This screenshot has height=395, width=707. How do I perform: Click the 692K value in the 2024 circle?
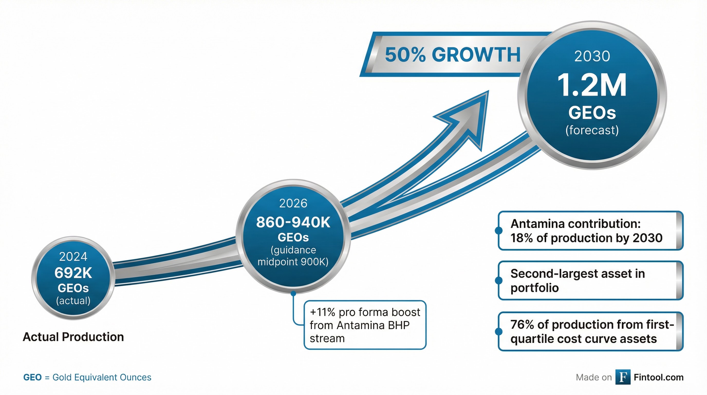point(73,273)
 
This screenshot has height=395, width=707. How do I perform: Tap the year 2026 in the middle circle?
point(293,203)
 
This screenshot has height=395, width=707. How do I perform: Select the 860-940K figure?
point(293,222)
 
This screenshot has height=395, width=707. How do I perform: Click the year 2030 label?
point(592,56)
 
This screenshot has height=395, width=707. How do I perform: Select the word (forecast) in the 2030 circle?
point(592,130)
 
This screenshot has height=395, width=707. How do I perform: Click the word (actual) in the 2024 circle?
point(73,301)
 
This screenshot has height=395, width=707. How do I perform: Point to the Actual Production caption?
point(73,337)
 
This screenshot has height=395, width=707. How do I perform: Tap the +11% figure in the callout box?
point(322,312)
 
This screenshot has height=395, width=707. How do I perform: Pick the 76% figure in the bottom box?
point(522,325)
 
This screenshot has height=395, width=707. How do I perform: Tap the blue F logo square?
point(623,377)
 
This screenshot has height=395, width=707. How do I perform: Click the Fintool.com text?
point(658,378)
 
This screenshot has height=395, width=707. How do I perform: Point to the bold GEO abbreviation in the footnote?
point(32,378)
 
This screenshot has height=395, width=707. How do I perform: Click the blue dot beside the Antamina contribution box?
point(499,230)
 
